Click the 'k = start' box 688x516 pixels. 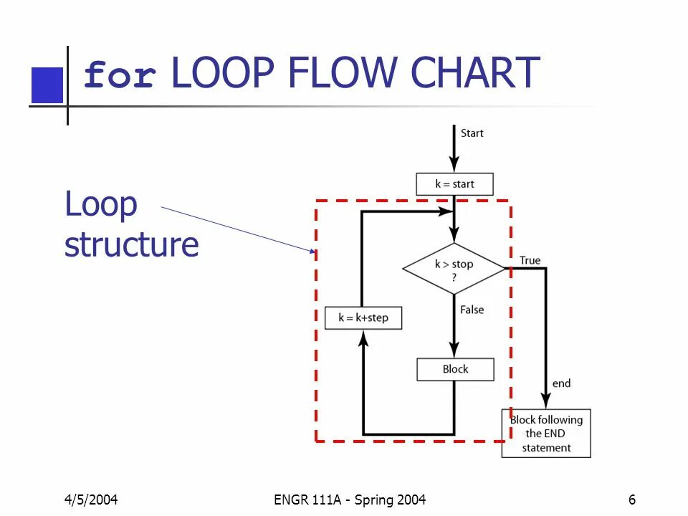(454, 184)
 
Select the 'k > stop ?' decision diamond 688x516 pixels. (454, 269)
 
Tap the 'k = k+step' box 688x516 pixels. (363, 317)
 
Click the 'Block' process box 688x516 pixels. (455, 369)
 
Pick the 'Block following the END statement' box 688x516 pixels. (546, 434)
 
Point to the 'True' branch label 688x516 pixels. (530, 260)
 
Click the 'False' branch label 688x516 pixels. (472, 310)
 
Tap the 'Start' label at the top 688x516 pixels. (472, 133)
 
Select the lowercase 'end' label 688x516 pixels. (561, 383)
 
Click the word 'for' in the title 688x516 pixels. (120, 75)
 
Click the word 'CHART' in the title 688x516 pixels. (476, 73)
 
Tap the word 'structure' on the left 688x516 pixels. (131, 244)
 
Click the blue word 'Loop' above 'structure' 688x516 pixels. (100, 204)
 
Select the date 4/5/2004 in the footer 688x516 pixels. (91, 500)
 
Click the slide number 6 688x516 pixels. (632, 500)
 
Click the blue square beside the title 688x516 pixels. (47, 85)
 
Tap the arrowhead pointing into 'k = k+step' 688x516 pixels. (363, 340)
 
